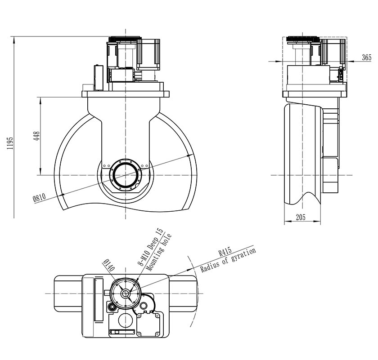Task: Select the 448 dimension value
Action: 37,136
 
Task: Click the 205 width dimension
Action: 301,218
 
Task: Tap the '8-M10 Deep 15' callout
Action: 150,248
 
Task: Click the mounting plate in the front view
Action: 126,94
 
